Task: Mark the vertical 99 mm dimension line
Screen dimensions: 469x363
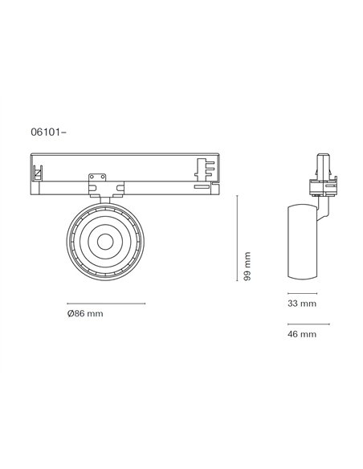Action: (239, 240)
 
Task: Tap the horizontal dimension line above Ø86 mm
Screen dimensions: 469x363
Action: (106, 304)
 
